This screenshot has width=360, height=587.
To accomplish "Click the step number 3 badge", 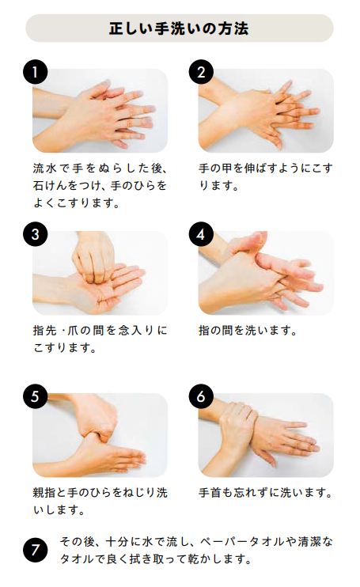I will pyautogui.click(x=35, y=234).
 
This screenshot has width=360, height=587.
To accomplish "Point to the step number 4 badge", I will pyautogui.click(x=201, y=234).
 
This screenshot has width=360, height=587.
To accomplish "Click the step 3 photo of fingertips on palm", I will pyautogui.click(x=100, y=273).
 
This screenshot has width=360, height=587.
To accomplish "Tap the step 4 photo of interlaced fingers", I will pyautogui.click(x=267, y=273).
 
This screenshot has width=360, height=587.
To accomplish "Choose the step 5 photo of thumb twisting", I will pyautogui.click(x=100, y=435).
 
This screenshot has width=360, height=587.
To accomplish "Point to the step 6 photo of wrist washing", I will pyautogui.click(x=267, y=435).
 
